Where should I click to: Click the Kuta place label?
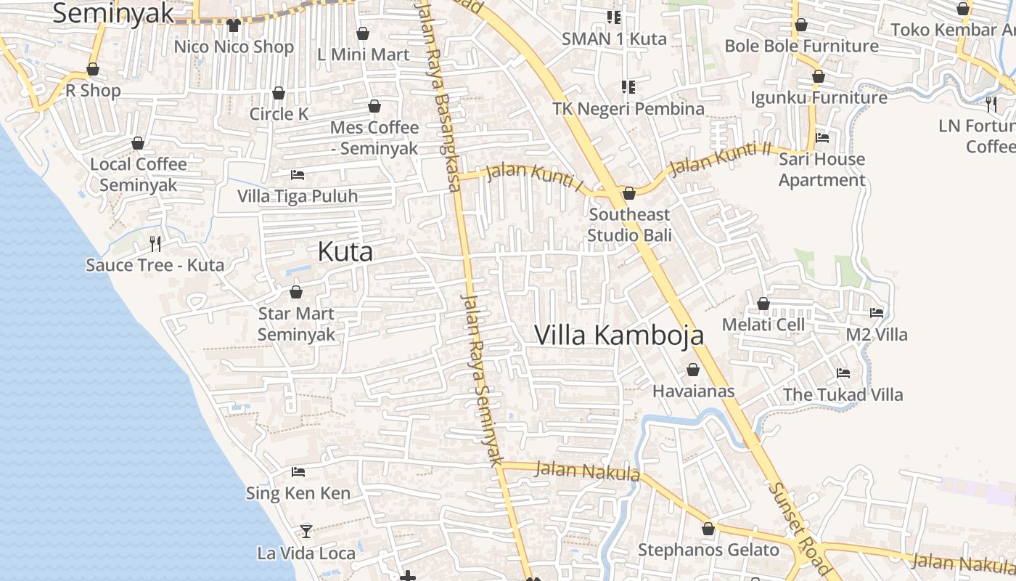tap(345, 252)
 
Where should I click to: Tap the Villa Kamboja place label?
tap(619, 335)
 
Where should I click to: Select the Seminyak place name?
tap(114, 12)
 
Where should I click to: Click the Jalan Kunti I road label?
tap(534, 178)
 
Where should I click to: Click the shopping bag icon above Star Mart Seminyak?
tap(296, 292)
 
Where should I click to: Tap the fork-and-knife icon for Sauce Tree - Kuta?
tap(155, 243)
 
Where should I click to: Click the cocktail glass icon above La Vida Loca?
tap(306, 532)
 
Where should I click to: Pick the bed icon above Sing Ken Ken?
tap(298, 472)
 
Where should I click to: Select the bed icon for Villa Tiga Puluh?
tap(297, 175)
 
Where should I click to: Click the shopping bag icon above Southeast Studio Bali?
tap(629, 193)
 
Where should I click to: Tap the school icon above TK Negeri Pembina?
tap(628, 87)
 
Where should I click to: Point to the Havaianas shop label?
tap(693, 391)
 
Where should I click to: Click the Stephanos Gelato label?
tap(708, 550)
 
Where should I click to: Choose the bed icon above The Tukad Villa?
tap(843, 373)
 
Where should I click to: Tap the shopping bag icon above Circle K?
tap(279, 93)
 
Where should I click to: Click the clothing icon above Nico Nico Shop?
tap(233, 25)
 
